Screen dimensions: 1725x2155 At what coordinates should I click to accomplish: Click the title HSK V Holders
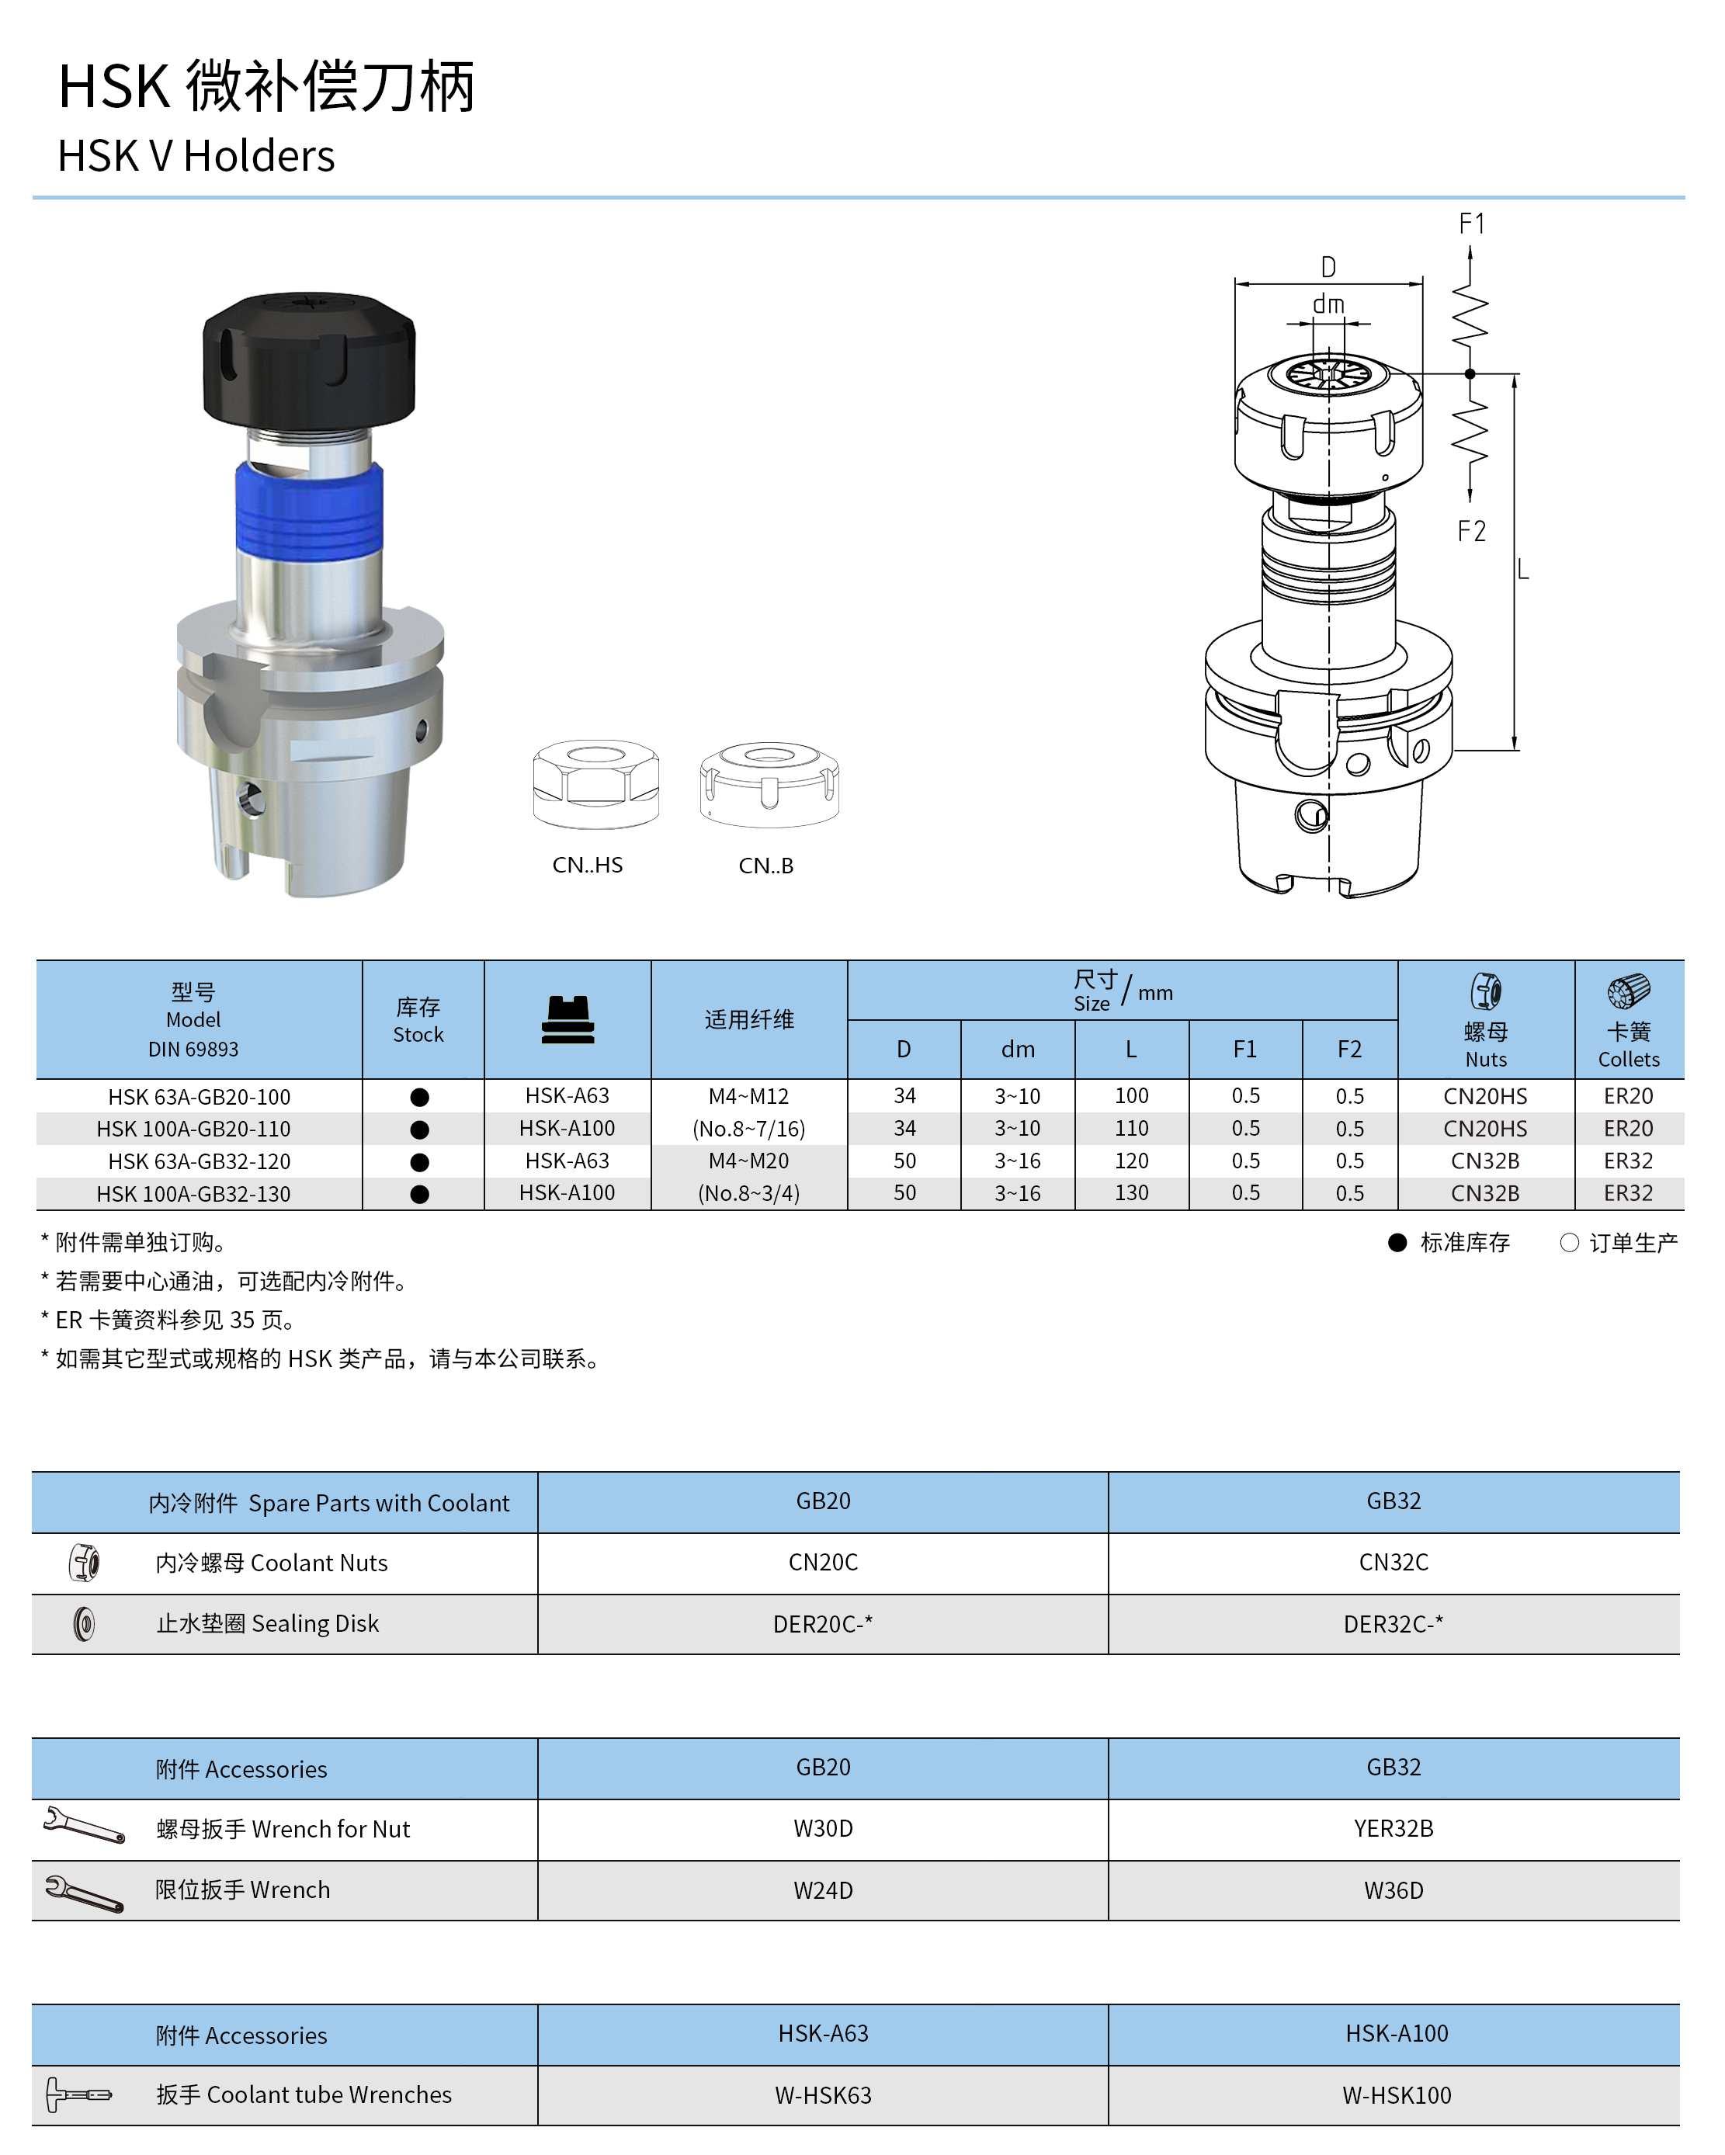click(196, 156)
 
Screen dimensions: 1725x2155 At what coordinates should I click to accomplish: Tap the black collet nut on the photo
click(309, 360)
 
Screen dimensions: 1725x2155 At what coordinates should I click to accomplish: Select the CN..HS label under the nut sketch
click(588, 865)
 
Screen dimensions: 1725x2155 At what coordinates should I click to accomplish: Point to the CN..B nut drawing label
click(766, 866)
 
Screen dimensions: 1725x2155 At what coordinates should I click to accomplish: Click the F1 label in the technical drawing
click(1472, 224)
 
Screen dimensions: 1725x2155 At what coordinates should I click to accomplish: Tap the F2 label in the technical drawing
click(1472, 531)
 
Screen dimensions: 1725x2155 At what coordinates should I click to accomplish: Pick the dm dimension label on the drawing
click(1328, 304)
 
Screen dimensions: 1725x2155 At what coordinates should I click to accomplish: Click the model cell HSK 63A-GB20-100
click(199, 1096)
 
